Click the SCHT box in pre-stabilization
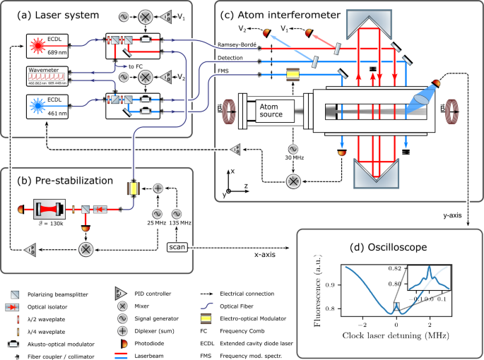click(x=175, y=246)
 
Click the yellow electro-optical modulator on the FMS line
click(x=290, y=74)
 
